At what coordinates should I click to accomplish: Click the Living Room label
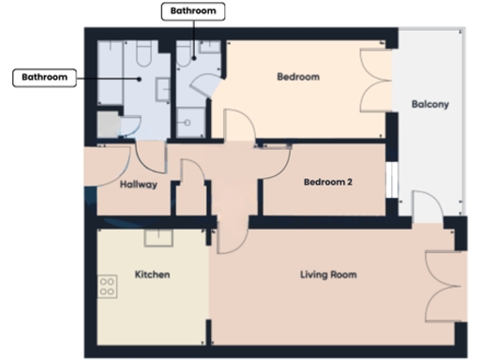pyautogui.click(x=328, y=275)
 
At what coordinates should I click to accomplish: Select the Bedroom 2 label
pyautogui.click(x=328, y=183)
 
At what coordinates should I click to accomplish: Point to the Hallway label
pyautogui.click(x=139, y=185)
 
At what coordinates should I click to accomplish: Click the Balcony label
pyautogui.click(x=430, y=105)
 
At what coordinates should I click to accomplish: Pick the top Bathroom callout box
pyautogui.click(x=194, y=11)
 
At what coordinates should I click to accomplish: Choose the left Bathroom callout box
pyautogui.click(x=44, y=77)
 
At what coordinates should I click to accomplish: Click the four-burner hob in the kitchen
pyautogui.click(x=107, y=286)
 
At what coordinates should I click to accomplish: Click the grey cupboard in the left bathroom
pyautogui.click(x=108, y=125)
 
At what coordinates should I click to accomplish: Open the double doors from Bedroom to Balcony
pyautogui.click(x=377, y=82)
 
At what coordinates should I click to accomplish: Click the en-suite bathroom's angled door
pyautogui.click(x=207, y=92)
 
